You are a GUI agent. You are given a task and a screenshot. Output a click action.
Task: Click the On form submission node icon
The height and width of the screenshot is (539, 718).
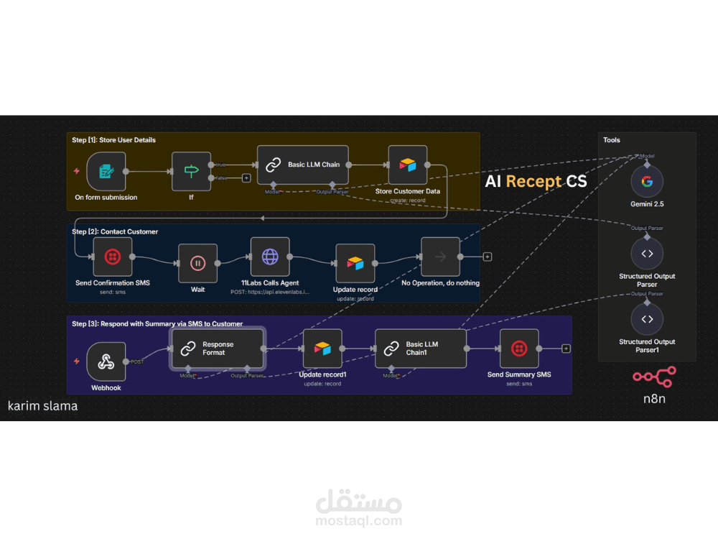pos(106,171)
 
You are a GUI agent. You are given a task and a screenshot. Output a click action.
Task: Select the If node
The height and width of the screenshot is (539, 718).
pos(191,171)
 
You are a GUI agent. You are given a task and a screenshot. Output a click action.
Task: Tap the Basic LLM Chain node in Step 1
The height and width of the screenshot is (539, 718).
pos(302,165)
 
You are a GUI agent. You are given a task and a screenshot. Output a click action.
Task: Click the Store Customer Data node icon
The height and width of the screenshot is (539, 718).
pos(407,165)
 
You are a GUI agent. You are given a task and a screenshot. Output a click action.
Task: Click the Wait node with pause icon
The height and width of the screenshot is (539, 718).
pos(197,263)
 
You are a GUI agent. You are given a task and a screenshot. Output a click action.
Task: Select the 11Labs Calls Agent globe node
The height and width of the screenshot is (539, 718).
pos(270,257)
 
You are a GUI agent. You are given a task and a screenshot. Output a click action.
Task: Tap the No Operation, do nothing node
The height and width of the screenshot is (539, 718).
pos(440,257)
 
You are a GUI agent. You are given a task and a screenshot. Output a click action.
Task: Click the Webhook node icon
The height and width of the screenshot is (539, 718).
pos(106,361)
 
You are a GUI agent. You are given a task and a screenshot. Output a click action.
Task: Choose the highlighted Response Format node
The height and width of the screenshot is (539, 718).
pos(217,349)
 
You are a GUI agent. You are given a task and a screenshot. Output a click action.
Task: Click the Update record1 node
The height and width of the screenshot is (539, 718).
pos(322,349)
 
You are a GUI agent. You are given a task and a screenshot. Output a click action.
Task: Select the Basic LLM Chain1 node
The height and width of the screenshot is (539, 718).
pos(421,349)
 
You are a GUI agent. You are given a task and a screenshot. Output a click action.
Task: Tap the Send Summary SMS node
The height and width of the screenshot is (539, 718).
pos(519,349)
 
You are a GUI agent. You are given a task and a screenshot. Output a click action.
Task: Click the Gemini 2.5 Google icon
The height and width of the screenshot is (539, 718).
pos(647,181)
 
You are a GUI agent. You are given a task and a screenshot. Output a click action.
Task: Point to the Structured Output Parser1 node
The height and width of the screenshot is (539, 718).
pos(647,319)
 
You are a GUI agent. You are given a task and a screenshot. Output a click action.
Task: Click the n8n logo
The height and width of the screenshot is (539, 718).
pos(653,377)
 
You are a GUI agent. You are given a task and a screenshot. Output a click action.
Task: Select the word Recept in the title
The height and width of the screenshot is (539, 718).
pos(534,181)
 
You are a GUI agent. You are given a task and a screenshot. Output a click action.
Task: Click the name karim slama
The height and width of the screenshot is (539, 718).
pos(42,406)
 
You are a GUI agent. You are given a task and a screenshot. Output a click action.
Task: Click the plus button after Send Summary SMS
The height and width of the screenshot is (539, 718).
pos(566,349)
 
